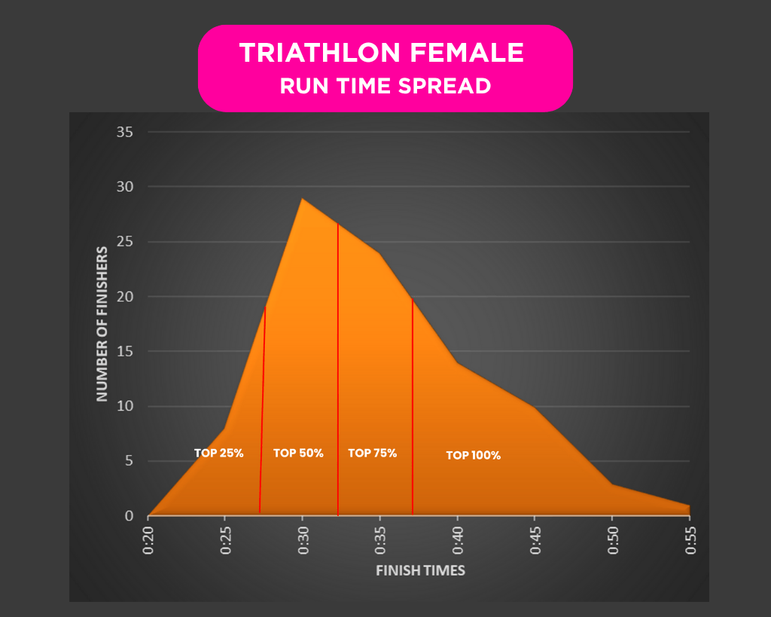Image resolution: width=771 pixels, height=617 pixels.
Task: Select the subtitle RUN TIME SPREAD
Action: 385,86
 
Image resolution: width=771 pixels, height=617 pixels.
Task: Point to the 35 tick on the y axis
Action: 125,133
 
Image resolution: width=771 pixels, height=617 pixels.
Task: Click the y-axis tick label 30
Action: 125,188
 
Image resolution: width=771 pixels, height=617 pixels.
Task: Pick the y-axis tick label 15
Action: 125,352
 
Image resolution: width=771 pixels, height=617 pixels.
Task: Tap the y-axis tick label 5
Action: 129,462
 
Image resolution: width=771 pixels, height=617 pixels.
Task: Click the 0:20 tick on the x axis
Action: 149,541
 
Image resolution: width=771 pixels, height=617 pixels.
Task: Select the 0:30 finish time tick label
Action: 303,541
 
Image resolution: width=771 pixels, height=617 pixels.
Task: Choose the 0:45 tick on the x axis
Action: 535,541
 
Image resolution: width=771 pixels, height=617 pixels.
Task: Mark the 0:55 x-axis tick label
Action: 689,541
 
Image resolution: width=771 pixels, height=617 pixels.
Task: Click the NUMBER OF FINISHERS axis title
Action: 102,323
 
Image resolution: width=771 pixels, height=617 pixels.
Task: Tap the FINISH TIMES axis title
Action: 420,570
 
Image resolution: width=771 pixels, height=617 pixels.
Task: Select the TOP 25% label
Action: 218,454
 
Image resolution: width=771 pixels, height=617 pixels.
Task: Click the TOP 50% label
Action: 298,454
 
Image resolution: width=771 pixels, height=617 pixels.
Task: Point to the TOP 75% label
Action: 372,454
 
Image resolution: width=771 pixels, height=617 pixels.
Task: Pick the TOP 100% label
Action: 473,456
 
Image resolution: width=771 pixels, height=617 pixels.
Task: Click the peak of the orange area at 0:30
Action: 302,199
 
